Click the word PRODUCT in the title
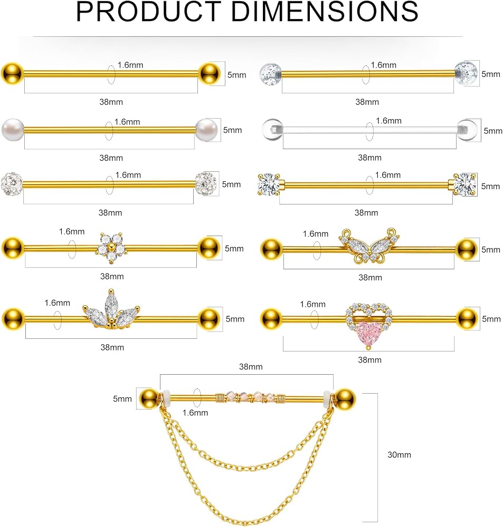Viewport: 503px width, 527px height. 148,12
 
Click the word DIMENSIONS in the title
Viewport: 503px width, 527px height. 325,12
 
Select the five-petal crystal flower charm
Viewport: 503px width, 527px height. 111,248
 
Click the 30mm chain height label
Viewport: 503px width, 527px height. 400,455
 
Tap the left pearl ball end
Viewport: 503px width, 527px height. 13,130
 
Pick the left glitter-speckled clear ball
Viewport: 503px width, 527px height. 270,74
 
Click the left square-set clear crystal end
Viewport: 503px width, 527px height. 269,184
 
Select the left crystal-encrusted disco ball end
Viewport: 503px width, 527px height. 12,183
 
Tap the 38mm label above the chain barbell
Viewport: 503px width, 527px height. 251,367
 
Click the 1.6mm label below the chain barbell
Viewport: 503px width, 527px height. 195,413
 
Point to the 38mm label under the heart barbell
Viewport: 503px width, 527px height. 369,360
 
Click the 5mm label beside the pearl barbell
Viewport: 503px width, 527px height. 233,130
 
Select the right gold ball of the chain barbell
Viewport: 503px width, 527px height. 345,399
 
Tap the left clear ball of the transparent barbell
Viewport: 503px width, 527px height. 272,130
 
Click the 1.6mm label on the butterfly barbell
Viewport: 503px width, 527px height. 316,234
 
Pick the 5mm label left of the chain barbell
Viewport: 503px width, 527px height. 122,399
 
